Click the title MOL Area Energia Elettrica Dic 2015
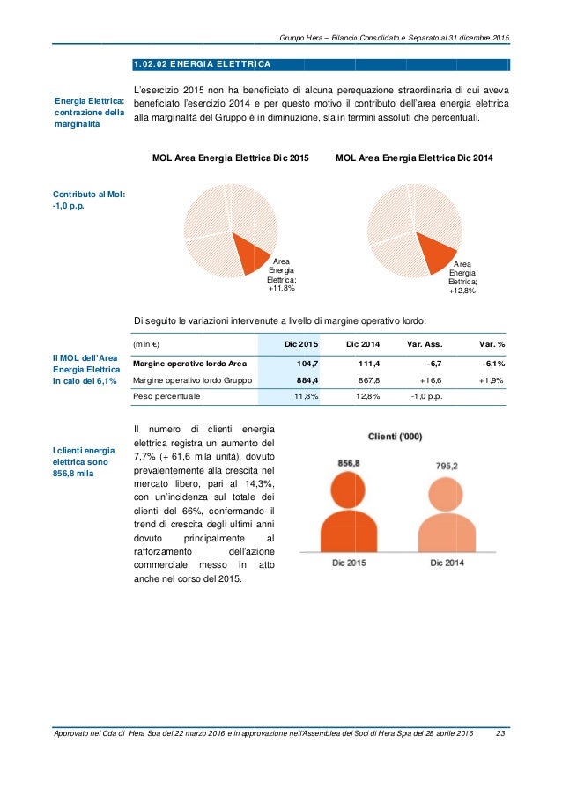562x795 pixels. click(x=231, y=158)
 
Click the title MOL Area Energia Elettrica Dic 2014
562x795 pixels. click(x=415, y=158)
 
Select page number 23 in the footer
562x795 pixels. click(x=501, y=734)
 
